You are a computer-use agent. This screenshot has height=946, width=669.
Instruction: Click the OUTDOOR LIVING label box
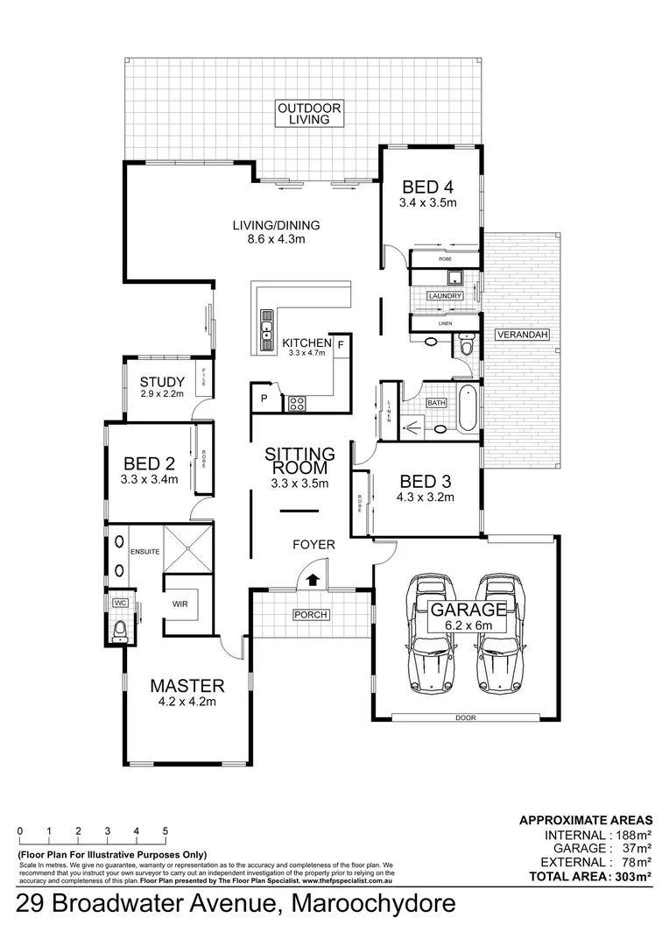(x=309, y=114)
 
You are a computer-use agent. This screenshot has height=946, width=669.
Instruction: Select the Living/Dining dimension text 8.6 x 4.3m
(x=274, y=238)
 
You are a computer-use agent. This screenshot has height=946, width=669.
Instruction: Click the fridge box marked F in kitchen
(x=342, y=344)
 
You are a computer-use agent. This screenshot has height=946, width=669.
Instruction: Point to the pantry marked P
(x=262, y=399)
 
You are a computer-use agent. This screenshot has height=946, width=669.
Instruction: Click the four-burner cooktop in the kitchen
(x=297, y=404)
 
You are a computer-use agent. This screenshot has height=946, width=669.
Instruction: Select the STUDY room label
(x=162, y=382)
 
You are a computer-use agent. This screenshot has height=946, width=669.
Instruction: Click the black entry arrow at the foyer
(x=312, y=578)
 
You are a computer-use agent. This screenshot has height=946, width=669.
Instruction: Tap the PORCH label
(x=311, y=615)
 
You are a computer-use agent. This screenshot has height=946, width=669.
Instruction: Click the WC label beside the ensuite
(x=117, y=604)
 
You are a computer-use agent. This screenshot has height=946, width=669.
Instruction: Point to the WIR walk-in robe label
(x=181, y=604)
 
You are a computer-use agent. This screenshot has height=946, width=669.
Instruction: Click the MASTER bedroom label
(x=187, y=685)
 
